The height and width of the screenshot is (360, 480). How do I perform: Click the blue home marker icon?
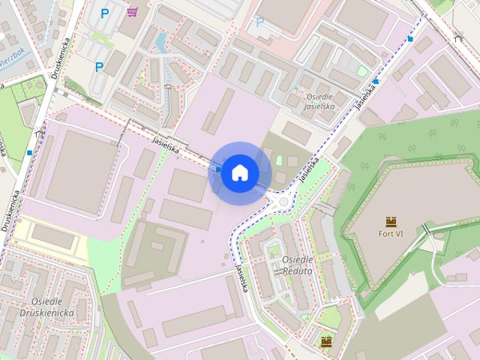coord(239,172)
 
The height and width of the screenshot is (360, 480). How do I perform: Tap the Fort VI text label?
coord(391,233)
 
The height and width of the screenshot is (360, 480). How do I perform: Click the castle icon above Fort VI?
coord(391,220)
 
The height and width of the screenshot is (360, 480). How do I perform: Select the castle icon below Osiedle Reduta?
coord(325,342)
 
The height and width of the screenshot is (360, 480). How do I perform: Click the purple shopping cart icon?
coord(132,12)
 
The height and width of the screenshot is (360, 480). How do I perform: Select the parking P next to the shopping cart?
coord(105,13)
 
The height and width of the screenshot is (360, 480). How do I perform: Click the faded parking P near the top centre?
coord(260,22)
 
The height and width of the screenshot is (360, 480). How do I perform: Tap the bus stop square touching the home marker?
coord(217,169)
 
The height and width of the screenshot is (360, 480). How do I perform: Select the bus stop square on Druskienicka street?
coord(29,153)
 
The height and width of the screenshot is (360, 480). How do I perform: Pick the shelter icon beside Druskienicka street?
coord(38,133)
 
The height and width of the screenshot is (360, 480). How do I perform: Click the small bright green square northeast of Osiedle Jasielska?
coord(361,71)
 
